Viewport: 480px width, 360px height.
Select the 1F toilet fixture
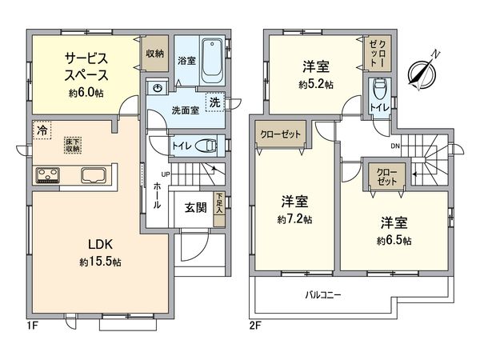pos(208,146)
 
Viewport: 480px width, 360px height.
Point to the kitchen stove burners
pos(46,174)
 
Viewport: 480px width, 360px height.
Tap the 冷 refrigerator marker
pos(39,128)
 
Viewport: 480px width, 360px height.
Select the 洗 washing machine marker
pos(214,102)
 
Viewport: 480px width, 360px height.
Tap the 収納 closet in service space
pos(155,54)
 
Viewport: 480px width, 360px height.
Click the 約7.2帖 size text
pos(295,218)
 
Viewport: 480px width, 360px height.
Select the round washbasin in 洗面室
pos(159,88)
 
